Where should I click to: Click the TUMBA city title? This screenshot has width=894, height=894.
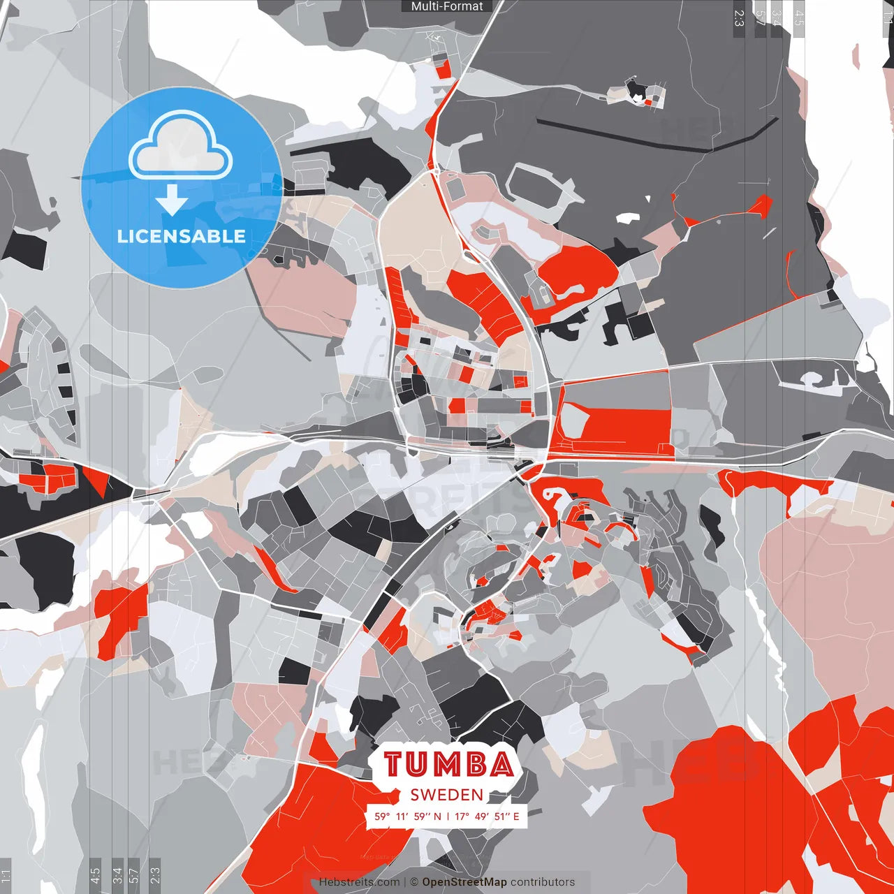[448, 764]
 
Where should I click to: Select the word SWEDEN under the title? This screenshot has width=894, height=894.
[447, 795]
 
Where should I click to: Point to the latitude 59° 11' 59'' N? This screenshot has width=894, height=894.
[408, 816]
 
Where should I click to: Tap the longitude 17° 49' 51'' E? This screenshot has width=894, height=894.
[487, 816]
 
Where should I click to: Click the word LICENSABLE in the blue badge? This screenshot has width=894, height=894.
[181, 236]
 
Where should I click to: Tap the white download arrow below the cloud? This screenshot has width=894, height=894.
[172, 199]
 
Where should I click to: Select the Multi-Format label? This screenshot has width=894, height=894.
[447, 6]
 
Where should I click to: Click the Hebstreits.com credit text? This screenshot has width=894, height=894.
[359, 882]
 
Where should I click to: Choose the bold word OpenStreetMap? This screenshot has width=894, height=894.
[464, 882]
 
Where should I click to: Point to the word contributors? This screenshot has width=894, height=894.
[543, 882]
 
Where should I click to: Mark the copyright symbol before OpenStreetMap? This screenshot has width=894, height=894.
[414, 882]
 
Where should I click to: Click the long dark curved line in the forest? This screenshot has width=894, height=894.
[657, 136]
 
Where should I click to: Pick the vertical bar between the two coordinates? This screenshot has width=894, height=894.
[448, 816]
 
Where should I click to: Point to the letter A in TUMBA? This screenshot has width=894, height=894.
[501, 764]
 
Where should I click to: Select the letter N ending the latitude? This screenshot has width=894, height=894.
[437, 816]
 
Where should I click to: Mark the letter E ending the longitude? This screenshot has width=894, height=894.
[516, 816]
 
